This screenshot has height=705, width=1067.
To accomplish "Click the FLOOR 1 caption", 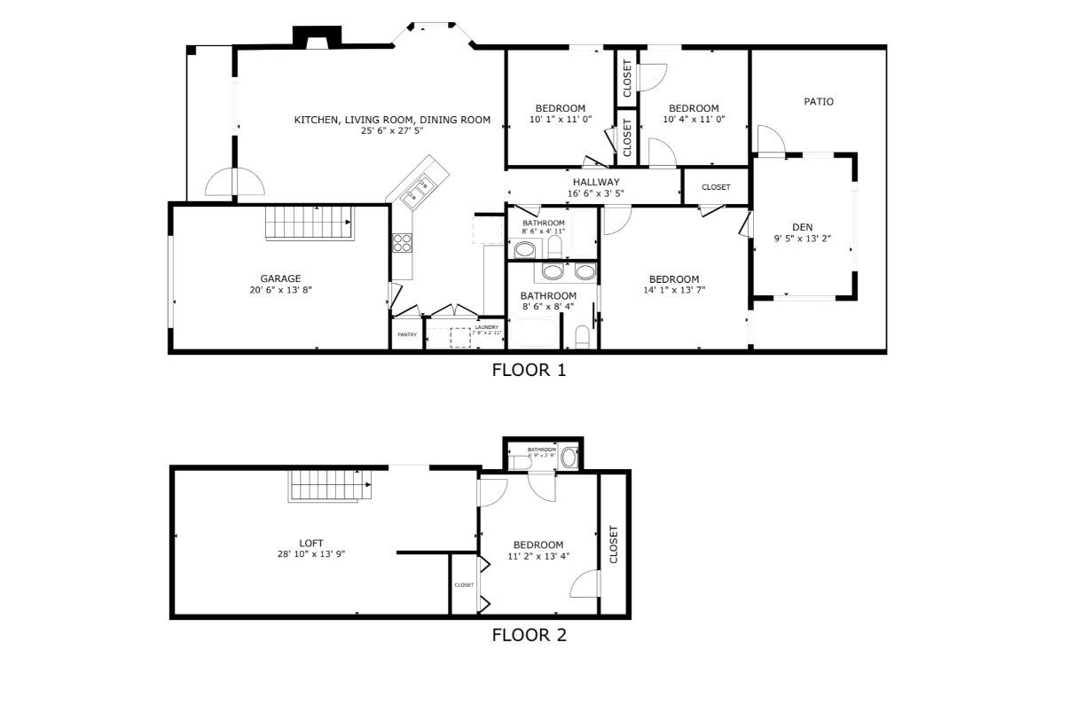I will point(529,370).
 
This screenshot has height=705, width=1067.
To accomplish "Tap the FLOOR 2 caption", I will point(529,634).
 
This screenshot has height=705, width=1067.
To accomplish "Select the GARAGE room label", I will point(280,278).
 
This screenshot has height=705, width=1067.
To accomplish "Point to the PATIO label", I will point(818,102).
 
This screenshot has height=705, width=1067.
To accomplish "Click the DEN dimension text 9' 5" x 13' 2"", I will point(802,238).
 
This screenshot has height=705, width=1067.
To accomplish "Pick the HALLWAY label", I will point(595,182).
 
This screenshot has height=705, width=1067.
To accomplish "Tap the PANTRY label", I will point(407,334).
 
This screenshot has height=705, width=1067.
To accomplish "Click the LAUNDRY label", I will point(486,326).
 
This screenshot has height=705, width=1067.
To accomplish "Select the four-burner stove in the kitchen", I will point(402,242).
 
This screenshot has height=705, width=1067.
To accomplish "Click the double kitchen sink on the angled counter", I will point(416,191).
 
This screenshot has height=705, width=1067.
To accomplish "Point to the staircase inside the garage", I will point(310,223).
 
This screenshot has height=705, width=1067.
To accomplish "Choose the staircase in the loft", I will point(329,485).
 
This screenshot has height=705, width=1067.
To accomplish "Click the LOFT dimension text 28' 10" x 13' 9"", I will point(310,554).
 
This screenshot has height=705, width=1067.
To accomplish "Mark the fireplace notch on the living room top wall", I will point(317,37).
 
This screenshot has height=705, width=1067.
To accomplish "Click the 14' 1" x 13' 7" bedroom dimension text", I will point(673,290).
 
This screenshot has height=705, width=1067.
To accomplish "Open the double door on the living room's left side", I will point(235,183).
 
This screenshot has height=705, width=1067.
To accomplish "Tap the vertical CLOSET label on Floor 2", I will point(613,544).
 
